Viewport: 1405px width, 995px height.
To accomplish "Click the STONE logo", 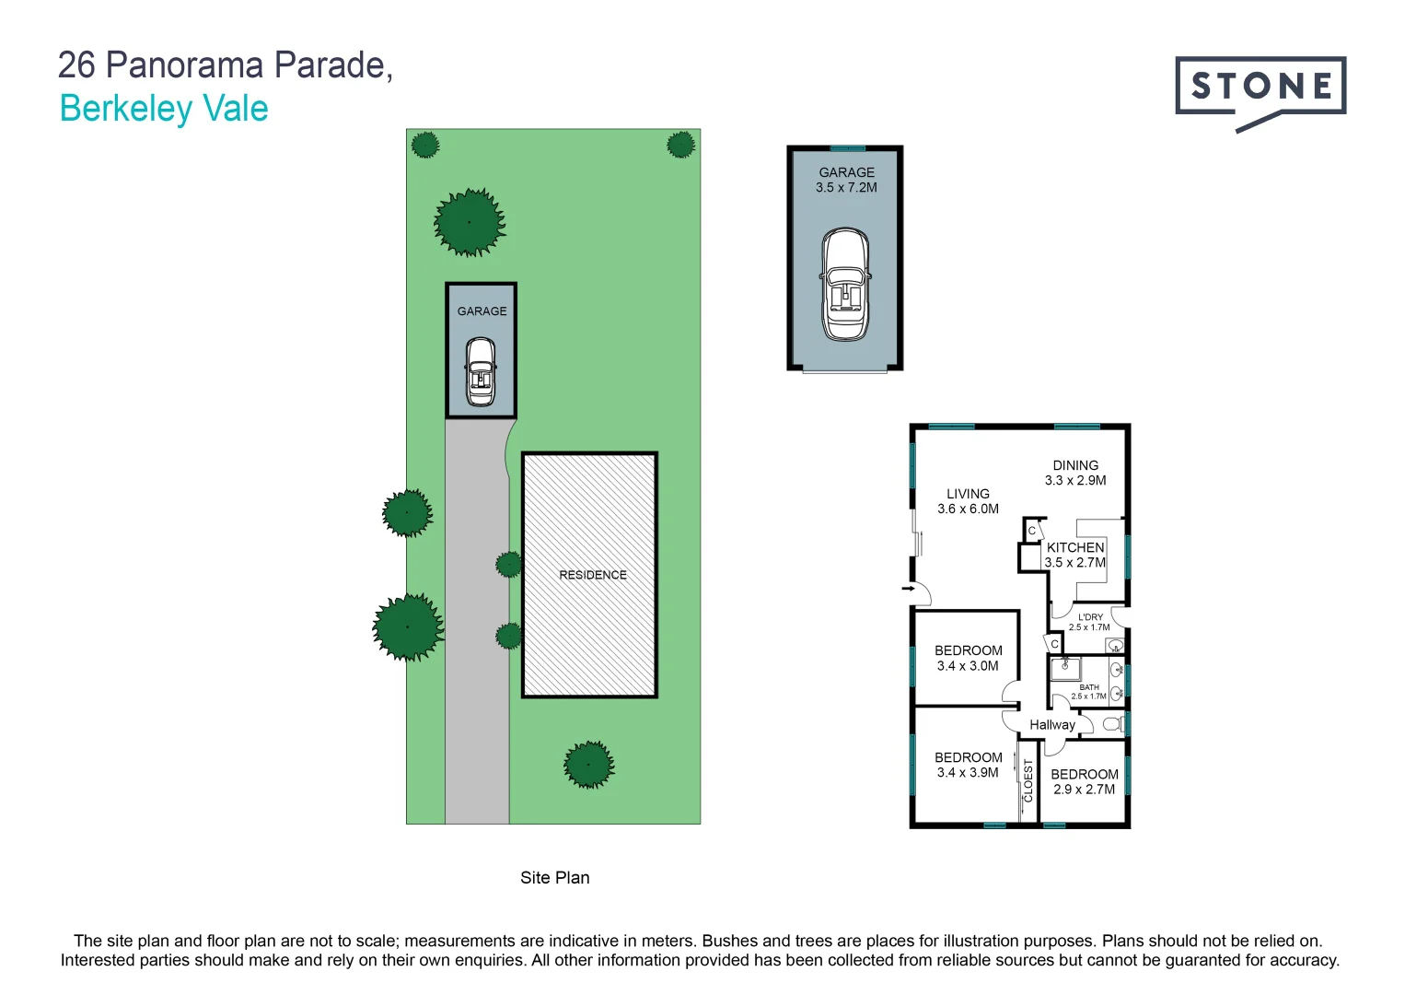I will click(1260, 88).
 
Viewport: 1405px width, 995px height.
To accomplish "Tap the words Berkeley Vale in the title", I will click(164, 109).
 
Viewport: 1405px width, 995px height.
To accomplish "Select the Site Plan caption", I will click(554, 878).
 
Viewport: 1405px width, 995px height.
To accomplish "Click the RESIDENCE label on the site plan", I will click(592, 575).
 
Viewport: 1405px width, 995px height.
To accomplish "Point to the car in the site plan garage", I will click(481, 371).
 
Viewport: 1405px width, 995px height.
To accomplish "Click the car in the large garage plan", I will click(845, 286).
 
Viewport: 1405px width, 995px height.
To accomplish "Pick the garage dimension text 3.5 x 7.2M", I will click(846, 188).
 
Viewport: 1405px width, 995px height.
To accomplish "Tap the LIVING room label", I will click(968, 494).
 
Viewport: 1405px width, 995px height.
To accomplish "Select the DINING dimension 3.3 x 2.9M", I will click(1075, 480).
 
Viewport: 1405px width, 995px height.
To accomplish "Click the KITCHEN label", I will click(1075, 547).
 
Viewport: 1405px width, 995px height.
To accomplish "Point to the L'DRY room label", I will click(1090, 617).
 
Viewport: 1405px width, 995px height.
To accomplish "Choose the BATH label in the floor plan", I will click(1089, 687).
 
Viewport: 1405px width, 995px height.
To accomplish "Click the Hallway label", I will click(1052, 725).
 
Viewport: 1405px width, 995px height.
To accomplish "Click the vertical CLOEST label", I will click(1028, 779).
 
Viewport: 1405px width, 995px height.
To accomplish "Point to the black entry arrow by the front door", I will click(908, 588).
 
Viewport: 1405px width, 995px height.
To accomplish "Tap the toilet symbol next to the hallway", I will click(1112, 724).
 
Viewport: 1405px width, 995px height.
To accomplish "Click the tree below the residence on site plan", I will click(588, 764).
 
